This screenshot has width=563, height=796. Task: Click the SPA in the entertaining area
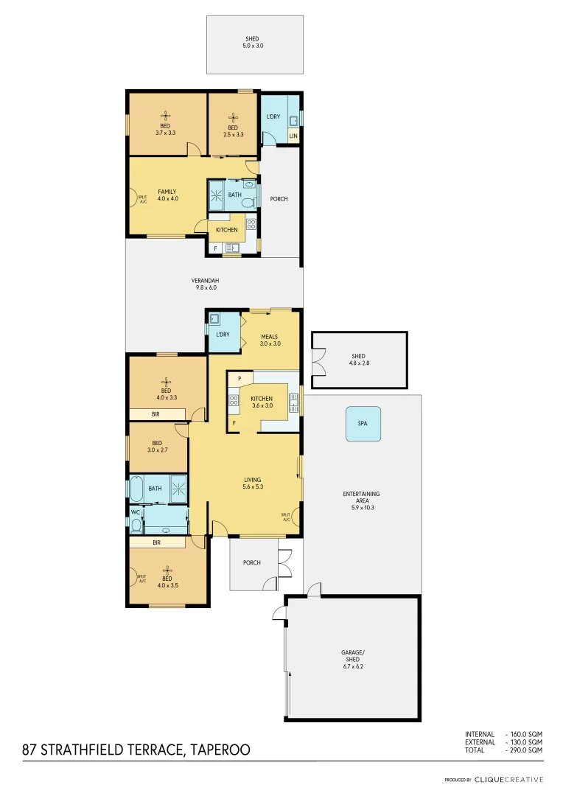click(363, 425)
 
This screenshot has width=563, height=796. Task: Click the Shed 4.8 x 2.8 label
click(358, 360)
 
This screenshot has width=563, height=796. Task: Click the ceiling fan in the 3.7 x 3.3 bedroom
click(166, 116)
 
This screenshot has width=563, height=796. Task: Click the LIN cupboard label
click(293, 136)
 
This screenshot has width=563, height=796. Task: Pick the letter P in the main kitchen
click(239, 379)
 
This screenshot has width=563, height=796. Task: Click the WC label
click(136, 512)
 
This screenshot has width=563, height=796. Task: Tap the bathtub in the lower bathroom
click(137, 488)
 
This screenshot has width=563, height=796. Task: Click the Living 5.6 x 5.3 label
click(253, 483)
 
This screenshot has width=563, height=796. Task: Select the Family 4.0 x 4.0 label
click(168, 195)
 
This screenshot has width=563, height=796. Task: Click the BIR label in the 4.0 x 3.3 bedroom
click(155, 415)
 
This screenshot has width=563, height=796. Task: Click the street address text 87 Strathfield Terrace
click(136, 750)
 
